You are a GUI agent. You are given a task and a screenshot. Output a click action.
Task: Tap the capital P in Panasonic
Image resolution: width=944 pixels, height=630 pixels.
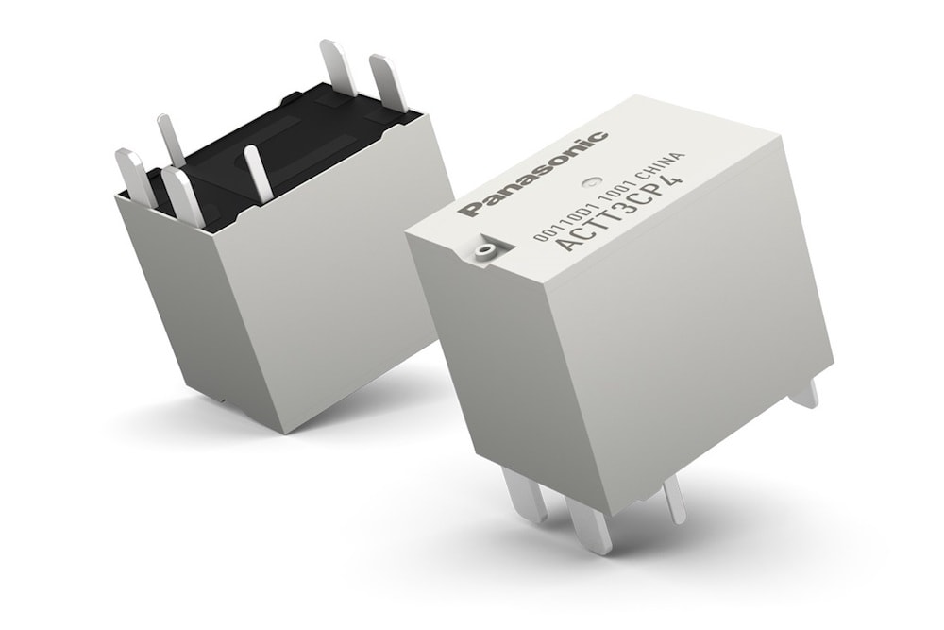click(471, 207)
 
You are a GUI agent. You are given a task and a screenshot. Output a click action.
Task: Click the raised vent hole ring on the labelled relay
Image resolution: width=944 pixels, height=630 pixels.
click(484, 250)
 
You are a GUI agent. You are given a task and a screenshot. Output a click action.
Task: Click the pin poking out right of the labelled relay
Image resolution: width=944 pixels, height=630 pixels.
click(805, 391)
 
